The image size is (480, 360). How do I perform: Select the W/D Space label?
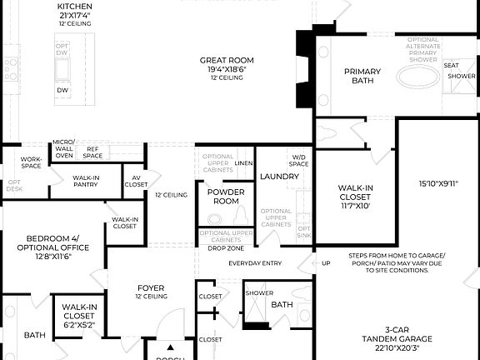click(x=298, y=161)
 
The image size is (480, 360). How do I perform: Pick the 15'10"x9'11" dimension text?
click(x=438, y=182)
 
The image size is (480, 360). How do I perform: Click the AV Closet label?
click(x=137, y=181)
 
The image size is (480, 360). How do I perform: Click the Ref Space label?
click(x=92, y=152)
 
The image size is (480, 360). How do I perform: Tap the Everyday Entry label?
click(x=255, y=264)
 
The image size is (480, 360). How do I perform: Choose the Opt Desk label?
click(x=14, y=185)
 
